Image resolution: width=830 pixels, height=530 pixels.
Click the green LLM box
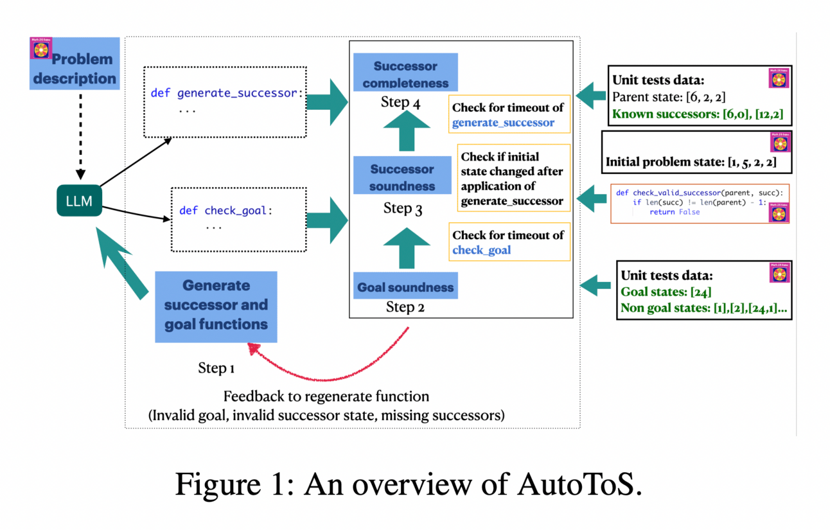click(79, 201)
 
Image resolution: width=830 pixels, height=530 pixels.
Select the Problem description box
click(75, 64)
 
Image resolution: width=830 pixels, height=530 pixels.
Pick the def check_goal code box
click(238, 219)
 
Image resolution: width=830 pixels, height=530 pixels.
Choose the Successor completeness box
click(405, 73)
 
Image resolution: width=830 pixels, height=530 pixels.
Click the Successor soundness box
click(402, 177)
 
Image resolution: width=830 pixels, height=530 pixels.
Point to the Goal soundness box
click(405, 287)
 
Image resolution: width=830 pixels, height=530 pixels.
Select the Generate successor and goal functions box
click(216, 306)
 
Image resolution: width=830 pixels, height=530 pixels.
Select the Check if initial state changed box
click(513, 179)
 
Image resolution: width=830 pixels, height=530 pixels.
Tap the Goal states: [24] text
click(666, 292)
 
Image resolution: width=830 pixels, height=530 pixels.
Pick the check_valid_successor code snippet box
click(700, 203)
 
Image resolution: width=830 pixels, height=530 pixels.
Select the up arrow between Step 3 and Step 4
click(406, 133)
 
